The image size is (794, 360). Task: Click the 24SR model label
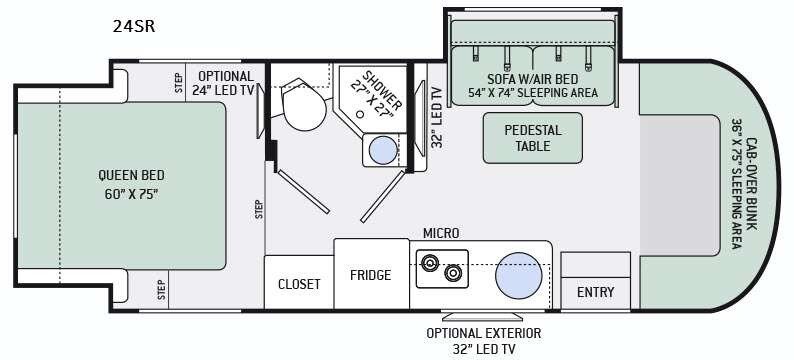[x=134, y=26]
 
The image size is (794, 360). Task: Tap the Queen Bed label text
[x=131, y=184]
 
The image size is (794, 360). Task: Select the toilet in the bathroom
[x=302, y=104]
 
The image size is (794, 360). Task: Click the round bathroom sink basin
[x=383, y=150]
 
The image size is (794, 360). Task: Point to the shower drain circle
[x=360, y=114]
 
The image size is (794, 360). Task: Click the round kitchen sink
[x=519, y=276]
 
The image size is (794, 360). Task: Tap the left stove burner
[x=430, y=262]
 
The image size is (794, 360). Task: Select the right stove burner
[x=453, y=273]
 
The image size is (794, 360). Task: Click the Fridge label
[x=371, y=275]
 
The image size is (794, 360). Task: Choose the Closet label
[x=299, y=284]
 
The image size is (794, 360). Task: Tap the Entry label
[x=596, y=292]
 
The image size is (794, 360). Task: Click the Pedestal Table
[x=533, y=138]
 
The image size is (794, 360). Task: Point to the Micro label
[x=441, y=233]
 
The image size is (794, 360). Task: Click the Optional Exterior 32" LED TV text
[x=484, y=341]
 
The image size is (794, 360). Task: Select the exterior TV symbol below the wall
[x=482, y=316]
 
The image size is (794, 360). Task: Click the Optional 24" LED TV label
[x=223, y=83]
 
